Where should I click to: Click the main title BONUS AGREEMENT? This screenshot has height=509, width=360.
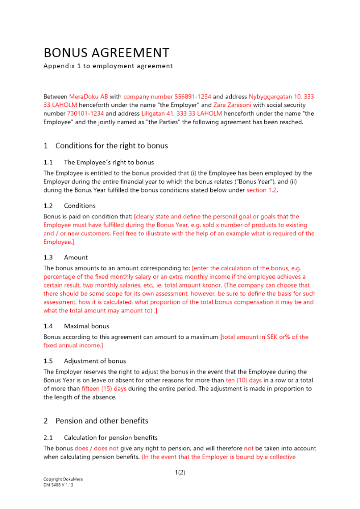tap(106, 53)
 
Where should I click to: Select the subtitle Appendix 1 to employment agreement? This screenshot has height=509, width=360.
tap(108, 66)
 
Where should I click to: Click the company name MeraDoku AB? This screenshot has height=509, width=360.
tap(89, 96)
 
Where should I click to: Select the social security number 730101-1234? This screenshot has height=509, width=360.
tap(86, 114)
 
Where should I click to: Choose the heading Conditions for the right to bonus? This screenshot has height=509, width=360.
tap(112, 146)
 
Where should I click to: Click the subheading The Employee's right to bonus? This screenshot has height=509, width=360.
tap(108, 163)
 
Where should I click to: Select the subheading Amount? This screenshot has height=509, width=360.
tap(76, 258)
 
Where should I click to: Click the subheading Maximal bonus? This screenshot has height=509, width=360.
tap(87, 326)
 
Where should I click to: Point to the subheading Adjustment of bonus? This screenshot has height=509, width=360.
tap(95, 361)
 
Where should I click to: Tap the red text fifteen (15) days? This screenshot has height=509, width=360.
tap(104, 389)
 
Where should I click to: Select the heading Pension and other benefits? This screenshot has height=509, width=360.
tap(102, 421)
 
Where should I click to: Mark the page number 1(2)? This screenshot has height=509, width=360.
tap(180, 472)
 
